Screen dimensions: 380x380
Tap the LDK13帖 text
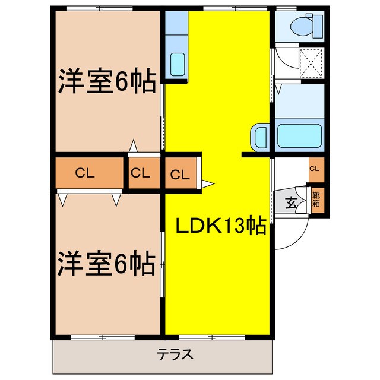(x=220, y=226)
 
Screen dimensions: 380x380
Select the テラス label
(x=175, y=355)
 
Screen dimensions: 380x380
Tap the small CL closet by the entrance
(x=315, y=169)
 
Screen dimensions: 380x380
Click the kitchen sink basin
(x=176, y=63)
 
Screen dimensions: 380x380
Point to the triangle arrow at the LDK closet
(x=207, y=183)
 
